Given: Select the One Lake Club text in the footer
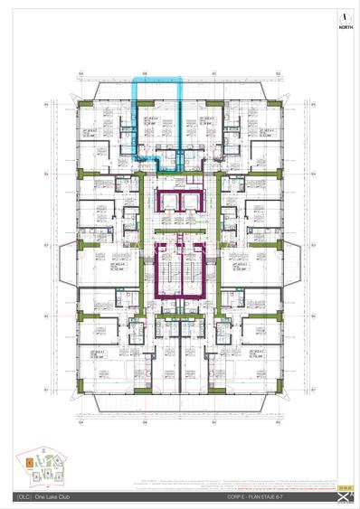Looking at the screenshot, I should coord(52,497).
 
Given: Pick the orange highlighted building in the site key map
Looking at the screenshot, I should coord(30,462).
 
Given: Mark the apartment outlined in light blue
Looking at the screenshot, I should coord(159,122).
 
